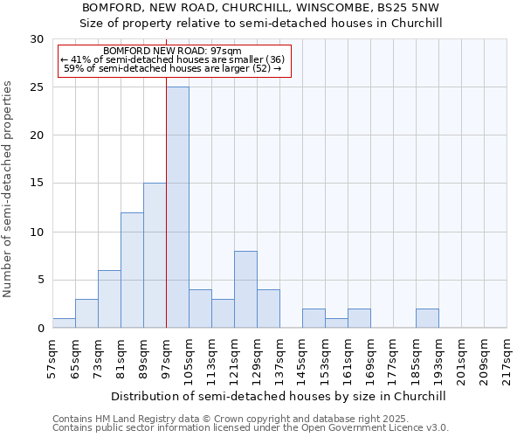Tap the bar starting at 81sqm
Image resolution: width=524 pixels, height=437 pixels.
(132, 270)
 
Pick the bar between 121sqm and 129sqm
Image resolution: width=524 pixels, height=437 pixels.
(245, 289)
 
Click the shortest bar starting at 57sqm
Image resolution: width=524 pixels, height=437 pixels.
(64, 323)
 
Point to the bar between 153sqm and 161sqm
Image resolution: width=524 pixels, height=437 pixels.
(336, 323)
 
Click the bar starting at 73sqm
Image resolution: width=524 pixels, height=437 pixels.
(109, 299)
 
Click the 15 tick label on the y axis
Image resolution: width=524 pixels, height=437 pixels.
(37, 184)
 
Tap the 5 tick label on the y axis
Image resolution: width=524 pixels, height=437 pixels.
(40, 281)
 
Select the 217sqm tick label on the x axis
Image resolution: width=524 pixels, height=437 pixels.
(507, 356)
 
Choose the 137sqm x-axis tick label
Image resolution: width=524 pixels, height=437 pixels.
(279, 356)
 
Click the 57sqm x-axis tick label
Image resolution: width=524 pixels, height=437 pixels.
(52, 356)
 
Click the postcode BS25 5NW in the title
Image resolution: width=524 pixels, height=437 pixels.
(409, 7)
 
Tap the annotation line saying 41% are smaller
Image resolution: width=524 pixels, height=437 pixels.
(172, 59)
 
